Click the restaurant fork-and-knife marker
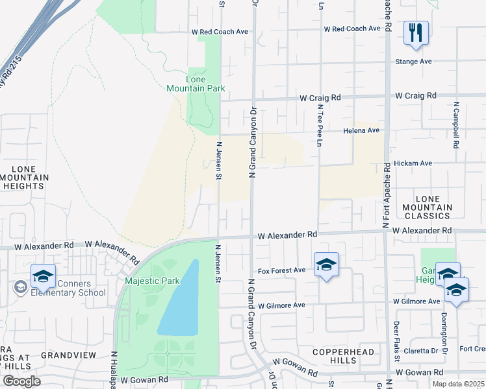tap(416, 32)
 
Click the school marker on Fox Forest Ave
tap(326, 265)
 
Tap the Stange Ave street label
tap(413, 62)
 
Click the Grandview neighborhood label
tap(68, 355)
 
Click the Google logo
tap(21, 381)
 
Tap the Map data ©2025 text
tap(457, 384)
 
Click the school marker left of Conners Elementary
tap(43, 276)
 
